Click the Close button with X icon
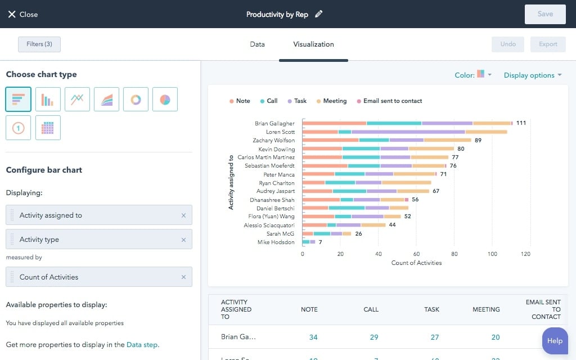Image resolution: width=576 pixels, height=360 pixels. coord(22,14)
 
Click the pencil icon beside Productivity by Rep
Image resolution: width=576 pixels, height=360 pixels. coord(319,14)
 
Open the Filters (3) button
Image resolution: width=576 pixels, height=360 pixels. coord(39,44)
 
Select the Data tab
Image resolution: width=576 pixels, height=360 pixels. coord(257,44)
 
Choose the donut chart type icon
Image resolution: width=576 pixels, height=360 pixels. coord(136,100)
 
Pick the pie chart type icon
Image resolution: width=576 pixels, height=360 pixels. coord(165,100)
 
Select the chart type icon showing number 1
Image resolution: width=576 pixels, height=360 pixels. coord(18,128)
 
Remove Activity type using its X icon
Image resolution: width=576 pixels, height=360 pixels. coord(183,240)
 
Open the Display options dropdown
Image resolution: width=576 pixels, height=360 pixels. coord(532,75)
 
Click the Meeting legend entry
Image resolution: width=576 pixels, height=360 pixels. coord(331,101)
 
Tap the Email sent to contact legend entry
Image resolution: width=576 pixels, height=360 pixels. coord(389,101)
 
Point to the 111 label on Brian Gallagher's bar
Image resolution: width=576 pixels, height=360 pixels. coord(521,123)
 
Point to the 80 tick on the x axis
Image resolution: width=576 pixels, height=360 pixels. coord(454,254)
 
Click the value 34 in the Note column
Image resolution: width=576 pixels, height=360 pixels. coord(313,337)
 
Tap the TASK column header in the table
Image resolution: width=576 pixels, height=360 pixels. coord(431,309)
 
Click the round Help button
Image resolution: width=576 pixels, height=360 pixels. coord(555,340)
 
